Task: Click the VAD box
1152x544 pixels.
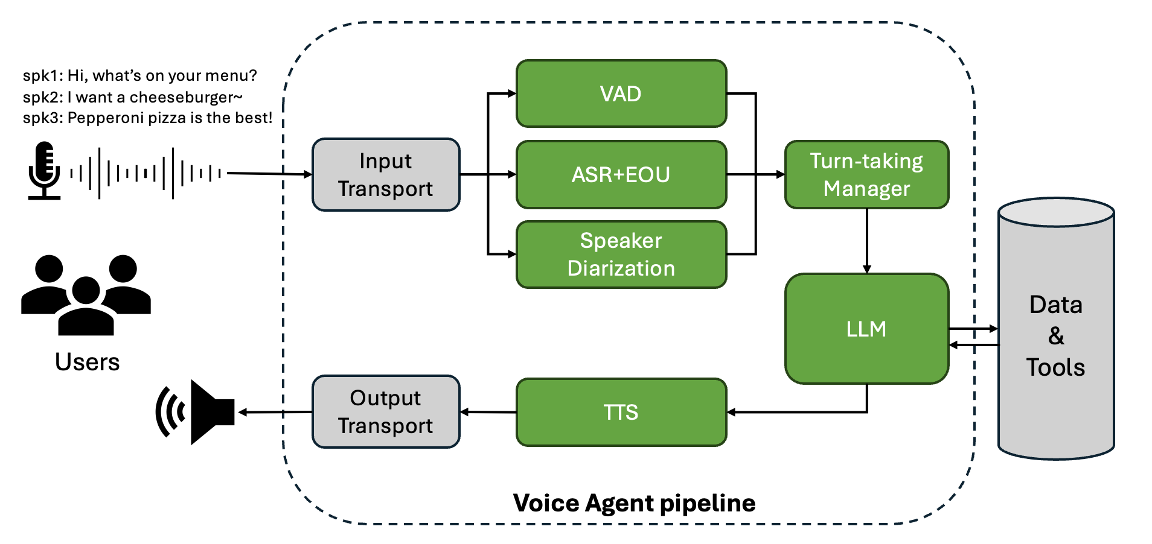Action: [621, 93]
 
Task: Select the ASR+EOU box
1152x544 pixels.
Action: [621, 174]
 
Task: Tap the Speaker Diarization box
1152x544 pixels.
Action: [621, 255]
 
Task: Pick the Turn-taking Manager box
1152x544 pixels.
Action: [866, 174]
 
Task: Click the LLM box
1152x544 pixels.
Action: [866, 329]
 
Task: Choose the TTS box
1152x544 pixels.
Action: [621, 412]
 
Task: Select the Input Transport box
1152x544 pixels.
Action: [386, 174]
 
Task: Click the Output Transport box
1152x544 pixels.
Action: [386, 412]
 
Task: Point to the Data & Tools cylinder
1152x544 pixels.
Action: [1056, 329]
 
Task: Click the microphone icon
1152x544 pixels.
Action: [45, 170]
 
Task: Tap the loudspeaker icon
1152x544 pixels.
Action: [195, 412]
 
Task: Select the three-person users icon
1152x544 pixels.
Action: [86, 295]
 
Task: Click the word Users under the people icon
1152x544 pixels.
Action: [87, 362]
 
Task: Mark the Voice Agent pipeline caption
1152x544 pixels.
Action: [634, 503]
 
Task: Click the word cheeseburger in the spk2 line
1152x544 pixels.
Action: [186, 97]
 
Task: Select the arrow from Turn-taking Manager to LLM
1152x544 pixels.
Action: [867, 241]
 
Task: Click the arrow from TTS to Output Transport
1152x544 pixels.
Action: [488, 412]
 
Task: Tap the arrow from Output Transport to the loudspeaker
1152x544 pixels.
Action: [275, 412]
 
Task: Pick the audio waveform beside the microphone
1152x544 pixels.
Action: [146, 174]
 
